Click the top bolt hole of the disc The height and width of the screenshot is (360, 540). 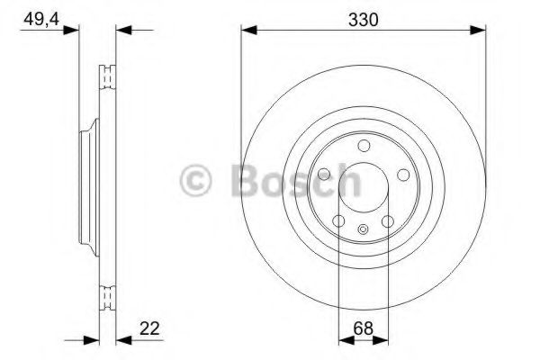pos(363,146)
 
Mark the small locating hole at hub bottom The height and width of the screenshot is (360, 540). pos(363,230)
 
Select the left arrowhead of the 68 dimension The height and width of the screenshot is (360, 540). pos(343,340)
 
